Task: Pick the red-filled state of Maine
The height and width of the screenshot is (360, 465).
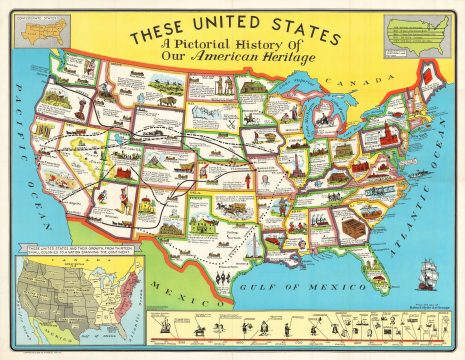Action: (x=429, y=74)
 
